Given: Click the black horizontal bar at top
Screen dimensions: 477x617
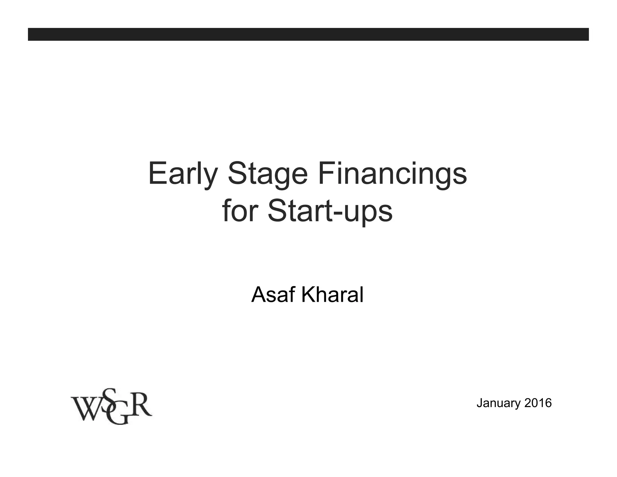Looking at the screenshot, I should tap(308, 34).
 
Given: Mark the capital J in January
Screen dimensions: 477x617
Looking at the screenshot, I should tap(480, 403).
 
